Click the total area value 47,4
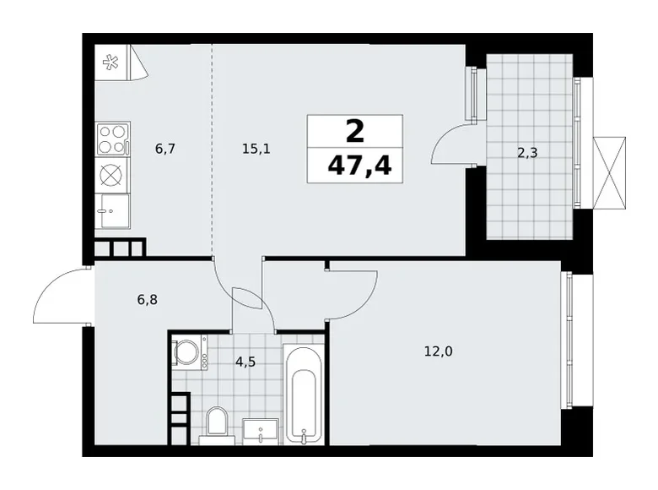[x=355, y=164]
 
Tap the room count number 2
[x=355, y=131]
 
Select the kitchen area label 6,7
[x=164, y=149]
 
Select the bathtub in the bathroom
[x=303, y=393]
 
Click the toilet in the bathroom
[x=218, y=424]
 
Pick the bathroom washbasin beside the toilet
[x=262, y=431]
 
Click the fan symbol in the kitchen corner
[x=111, y=62]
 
